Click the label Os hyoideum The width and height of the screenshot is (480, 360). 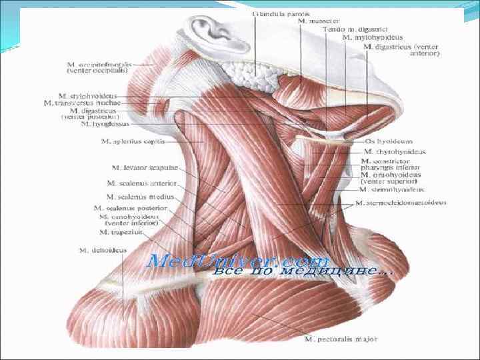click(x=389, y=141)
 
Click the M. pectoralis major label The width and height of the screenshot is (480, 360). click(x=337, y=339)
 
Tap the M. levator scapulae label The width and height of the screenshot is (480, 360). click(x=136, y=167)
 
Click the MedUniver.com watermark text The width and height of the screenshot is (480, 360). click(x=237, y=260)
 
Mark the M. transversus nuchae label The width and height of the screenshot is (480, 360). click(x=82, y=103)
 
